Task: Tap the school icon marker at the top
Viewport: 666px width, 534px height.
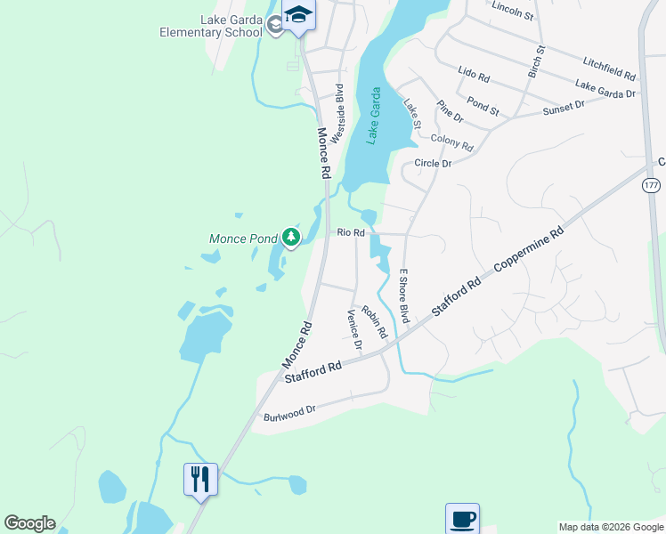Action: tap(298, 15)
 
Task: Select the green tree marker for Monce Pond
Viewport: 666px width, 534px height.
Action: tap(290, 237)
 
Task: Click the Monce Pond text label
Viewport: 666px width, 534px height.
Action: tap(243, 239)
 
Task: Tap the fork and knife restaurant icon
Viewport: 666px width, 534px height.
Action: tap(199, 479)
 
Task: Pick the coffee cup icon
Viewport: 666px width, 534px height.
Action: tap(462, 518)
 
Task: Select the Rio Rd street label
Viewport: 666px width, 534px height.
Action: tap(351, 232)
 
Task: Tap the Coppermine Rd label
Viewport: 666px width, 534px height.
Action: tap(532, 250)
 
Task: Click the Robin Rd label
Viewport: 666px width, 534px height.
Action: tap(375, 321)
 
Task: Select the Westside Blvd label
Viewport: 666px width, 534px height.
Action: tap(337, 114)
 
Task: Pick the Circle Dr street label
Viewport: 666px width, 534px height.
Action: tap(434, 164)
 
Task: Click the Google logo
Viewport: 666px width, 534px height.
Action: tap(29, 523)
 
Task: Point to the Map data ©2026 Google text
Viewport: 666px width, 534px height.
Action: tap(611, 527)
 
